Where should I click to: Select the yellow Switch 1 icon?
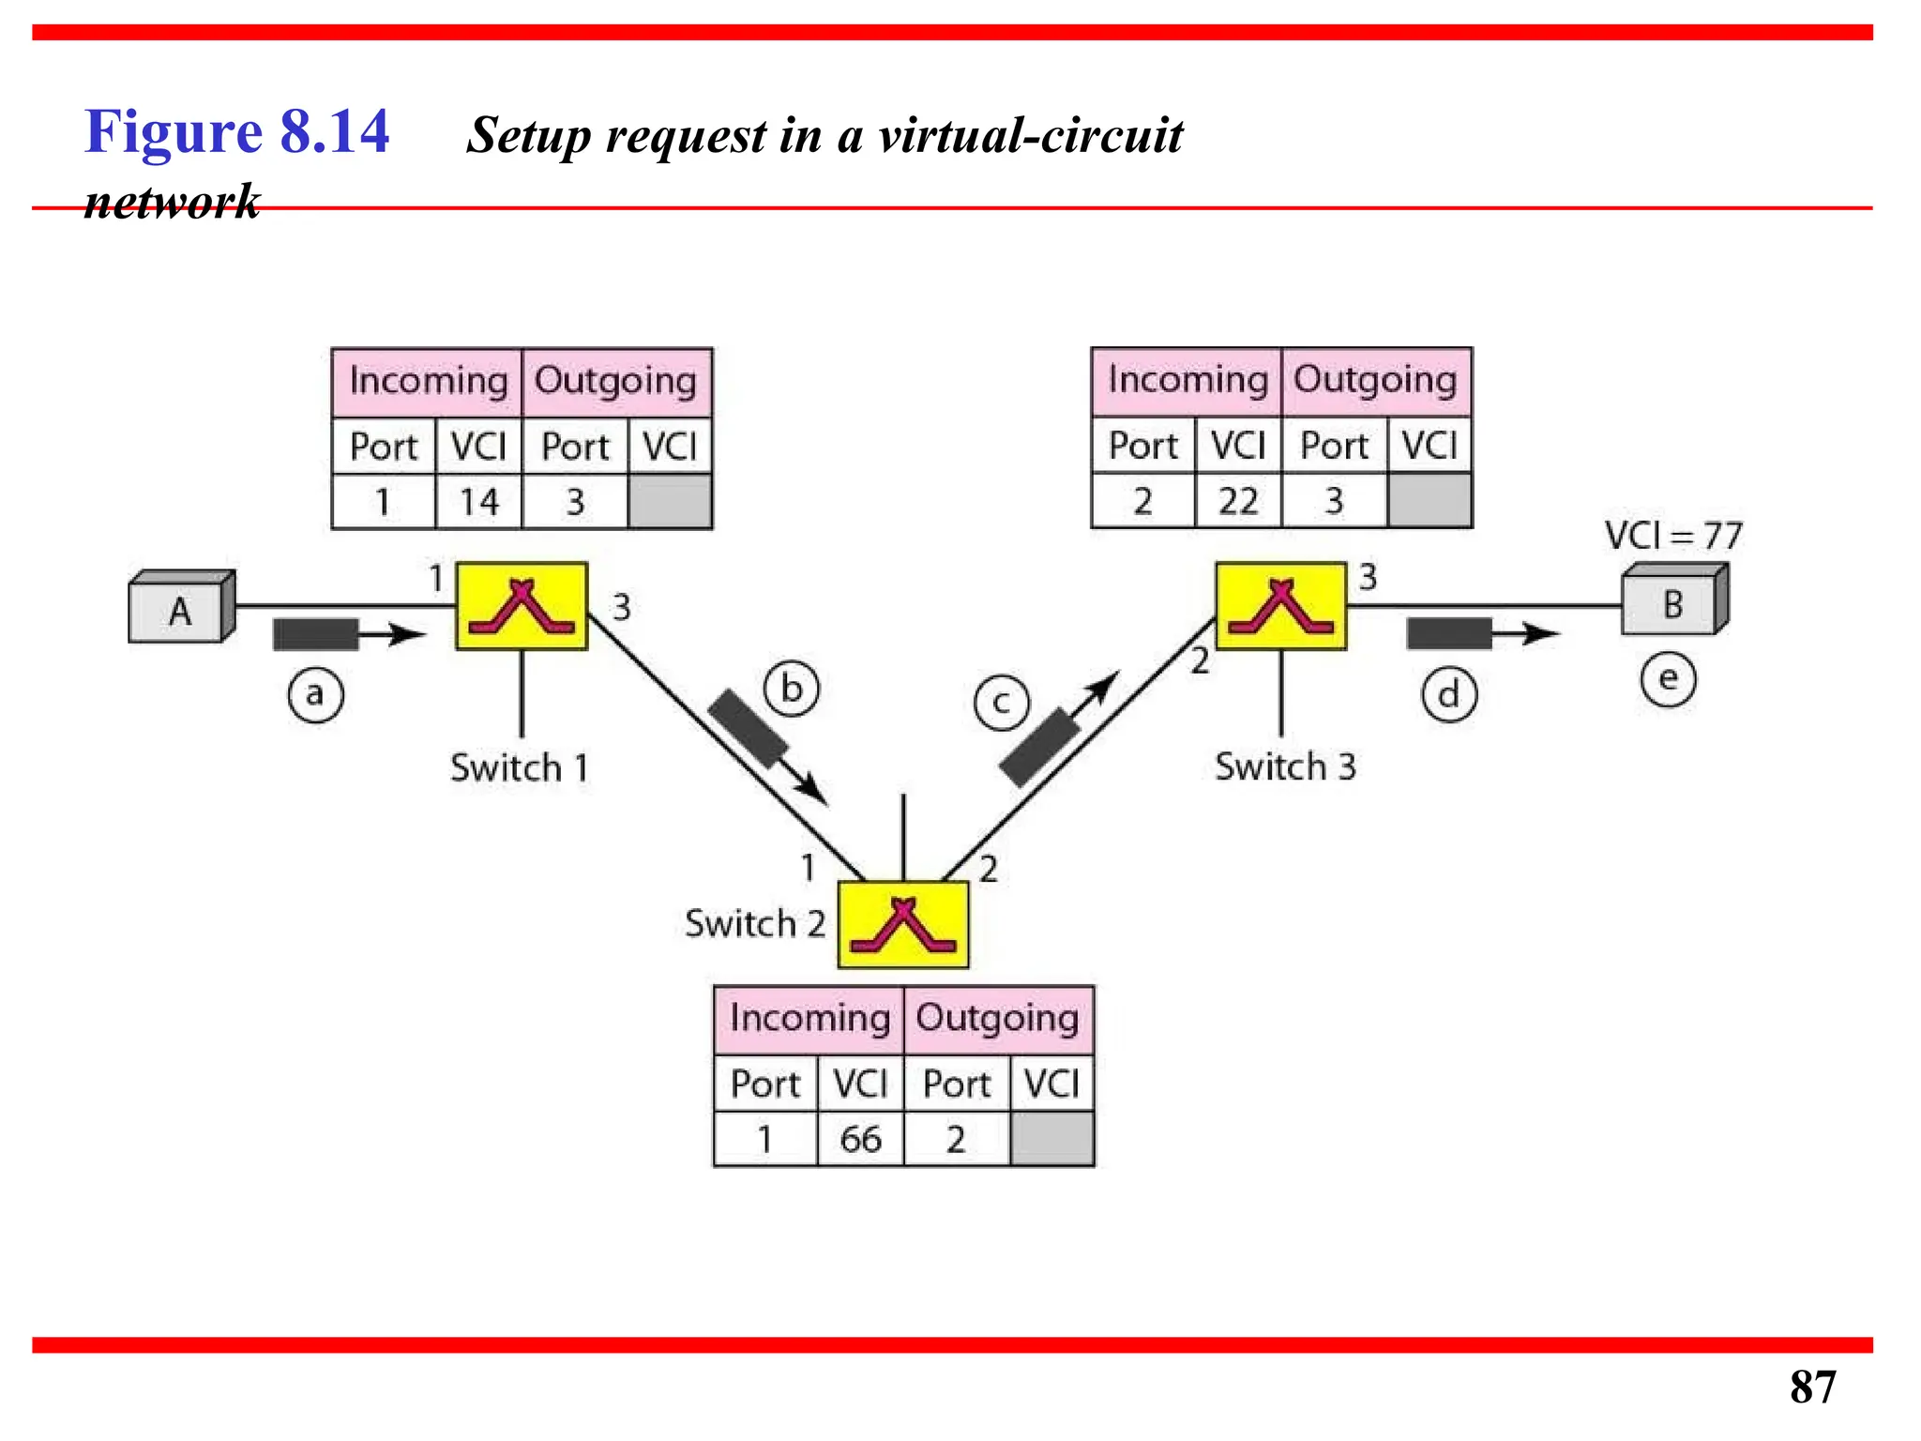pyautogui.click(x=522, y=606)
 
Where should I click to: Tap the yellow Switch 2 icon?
pyautogui.click(x=902, y=924)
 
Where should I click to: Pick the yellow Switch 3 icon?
pyautogui.click(x=1280, y=606)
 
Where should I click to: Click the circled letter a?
pyautogui.click(x=315, y=695)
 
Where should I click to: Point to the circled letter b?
pyautogui.click(x=792, y=690)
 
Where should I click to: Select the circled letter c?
pyautogui.click(x=1001, y=703)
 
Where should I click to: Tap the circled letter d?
pyautogui.click(x=1449, y=695)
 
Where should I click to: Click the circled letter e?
pyautogui.click(x=1668, y=678)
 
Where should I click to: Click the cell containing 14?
pyautogui.click(x=478, y=502)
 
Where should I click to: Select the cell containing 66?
pyautogui.click(x=860, y=1139)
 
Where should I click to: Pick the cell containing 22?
pyautogui.click(x=1238, y=501)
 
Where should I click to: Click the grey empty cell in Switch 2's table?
pyautogui.click(x=1051, y=1139)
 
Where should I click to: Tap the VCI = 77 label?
pyautogui.click(x=1672, y=536)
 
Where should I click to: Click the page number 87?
pyautogui.click(x=1811, y=1387)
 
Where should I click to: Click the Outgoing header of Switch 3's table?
pyautogui.click(x=1375, y=380)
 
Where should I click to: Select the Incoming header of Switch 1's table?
pyautogui.click(x=428, y=381)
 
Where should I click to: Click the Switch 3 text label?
pyautogui.click(x=1285, y=766)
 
